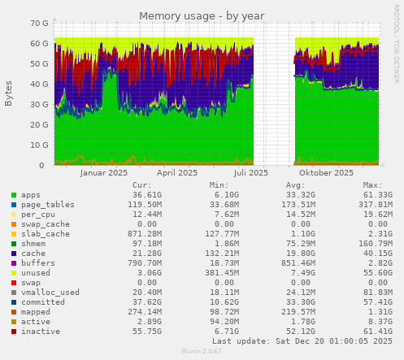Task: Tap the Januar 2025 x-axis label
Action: (104, 172)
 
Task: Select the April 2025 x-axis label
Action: (176, 172)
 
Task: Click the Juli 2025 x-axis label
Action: (250, 172)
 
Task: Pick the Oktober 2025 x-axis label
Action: (326, 172)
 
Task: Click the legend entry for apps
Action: (31, 195)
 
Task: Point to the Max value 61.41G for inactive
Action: (376, 332)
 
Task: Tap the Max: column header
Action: (374, 184)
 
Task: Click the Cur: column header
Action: (142, 184)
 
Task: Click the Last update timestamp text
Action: (308, 341)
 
